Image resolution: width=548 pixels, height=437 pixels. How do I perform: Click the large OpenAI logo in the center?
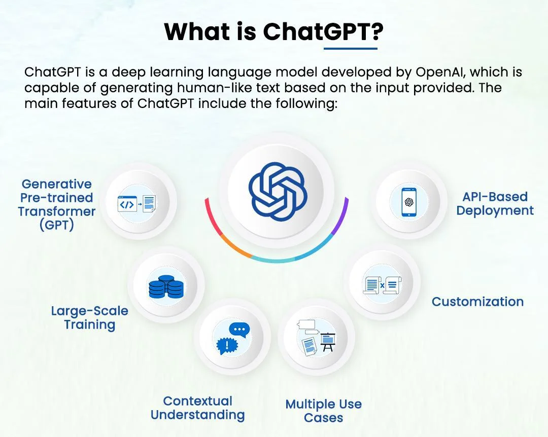point(278,192)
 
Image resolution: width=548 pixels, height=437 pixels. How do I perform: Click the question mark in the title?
point(377,31)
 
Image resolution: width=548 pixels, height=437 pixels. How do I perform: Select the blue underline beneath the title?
point(351,48)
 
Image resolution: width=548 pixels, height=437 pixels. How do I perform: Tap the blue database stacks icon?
point(165,287)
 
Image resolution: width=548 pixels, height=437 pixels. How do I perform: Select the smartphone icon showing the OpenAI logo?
point(409,202)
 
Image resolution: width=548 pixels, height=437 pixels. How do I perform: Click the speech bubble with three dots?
point(239,330)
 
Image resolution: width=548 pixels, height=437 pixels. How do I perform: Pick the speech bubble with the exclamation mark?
point(227,346)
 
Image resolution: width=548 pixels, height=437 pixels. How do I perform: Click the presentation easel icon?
point(328,341)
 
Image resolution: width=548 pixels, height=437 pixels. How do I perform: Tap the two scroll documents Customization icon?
point(382,285)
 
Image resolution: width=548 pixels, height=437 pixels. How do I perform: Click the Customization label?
point(477,302)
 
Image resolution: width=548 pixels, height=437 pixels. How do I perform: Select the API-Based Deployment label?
point(495,204)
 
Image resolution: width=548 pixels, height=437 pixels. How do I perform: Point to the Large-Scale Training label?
point(90,317)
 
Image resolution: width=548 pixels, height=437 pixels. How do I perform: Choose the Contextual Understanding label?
point(197,408)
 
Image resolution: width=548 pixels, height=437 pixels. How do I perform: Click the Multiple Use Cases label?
point(324,411)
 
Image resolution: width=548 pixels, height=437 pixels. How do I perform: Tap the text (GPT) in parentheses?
point(57,225)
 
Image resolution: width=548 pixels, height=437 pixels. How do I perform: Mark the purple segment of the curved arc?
point(341,216)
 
